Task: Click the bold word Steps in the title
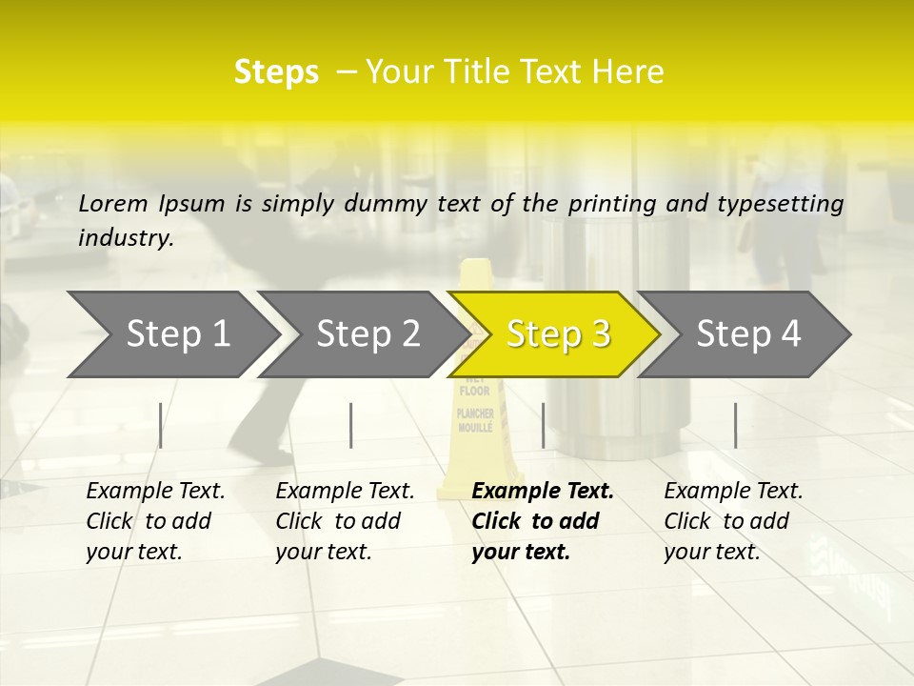click(276, 72)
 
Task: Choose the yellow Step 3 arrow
click(558, 333)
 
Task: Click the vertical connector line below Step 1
click(160, 425)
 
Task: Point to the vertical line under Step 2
click(351, 425)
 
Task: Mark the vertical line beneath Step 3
click(543, 425)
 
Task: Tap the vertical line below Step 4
click(735, 425)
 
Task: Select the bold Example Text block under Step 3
click(543, 521)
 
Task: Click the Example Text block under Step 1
click(155, 521)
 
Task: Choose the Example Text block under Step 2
click(345, 521)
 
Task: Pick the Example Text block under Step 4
click(733, 521)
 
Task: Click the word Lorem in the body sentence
click(113, 203)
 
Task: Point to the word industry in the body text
click(126, 237)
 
